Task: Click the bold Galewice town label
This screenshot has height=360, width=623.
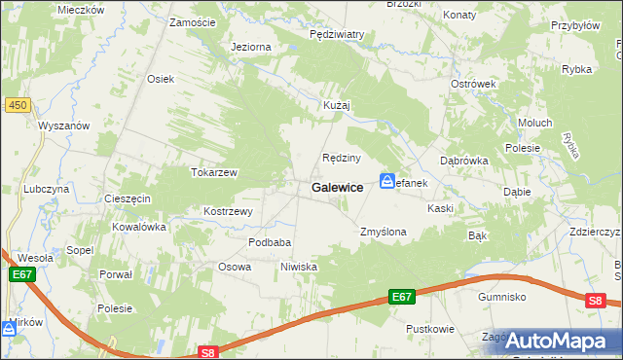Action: click(x=338, y=187)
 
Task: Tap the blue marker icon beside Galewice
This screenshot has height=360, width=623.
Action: click(x=387, y=182)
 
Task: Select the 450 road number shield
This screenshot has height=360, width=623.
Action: click(x=16, y=105)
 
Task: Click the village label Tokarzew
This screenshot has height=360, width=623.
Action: click(x=214, y=172)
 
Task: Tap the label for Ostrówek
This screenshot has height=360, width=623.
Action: click(x=474, y=84)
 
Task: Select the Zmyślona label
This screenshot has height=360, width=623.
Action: click(x=383, y=233)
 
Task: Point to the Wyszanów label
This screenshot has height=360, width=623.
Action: click(x=64, y=126)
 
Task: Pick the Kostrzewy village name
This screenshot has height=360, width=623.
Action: click(x=228, y=211)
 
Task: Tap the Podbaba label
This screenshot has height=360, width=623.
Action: click(x=270, y=242)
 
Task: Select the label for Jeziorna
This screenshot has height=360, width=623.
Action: click(x=251, y=47)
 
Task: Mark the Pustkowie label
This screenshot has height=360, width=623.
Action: click(x=430, y=329)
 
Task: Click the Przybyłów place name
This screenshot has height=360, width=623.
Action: click(x=574, y=26)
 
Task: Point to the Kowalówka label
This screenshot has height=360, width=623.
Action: click(x=139, y=227)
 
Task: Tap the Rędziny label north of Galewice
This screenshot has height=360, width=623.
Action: click(x=342, y=158)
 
